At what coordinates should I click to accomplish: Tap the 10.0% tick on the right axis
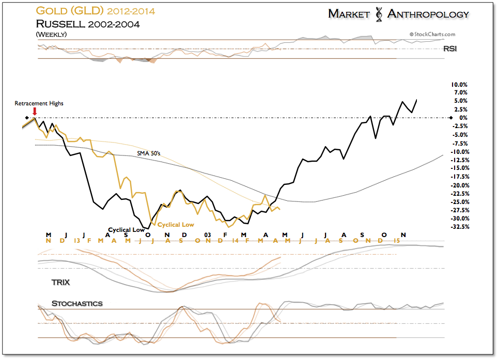pyautogui.click(x=459, y=84)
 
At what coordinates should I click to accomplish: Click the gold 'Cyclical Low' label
pyautogui.click(x=176, y=225)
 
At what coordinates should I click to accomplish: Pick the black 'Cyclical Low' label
pyautogui.click(x=126, y=230)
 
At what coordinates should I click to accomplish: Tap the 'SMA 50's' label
pyautogui.click(x=148, y=153)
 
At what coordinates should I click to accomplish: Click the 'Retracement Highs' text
pyautogui.click(x=39, y=103)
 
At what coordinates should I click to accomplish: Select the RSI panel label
pyautogui.click(x=450, y=49)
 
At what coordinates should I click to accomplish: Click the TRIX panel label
pyautogui.click(x=60, y=283)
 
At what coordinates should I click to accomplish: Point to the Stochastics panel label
pyautogui.click(x=77, y=303)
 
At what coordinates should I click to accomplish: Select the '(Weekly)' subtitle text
pyautogui.click(x=51, y=34)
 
